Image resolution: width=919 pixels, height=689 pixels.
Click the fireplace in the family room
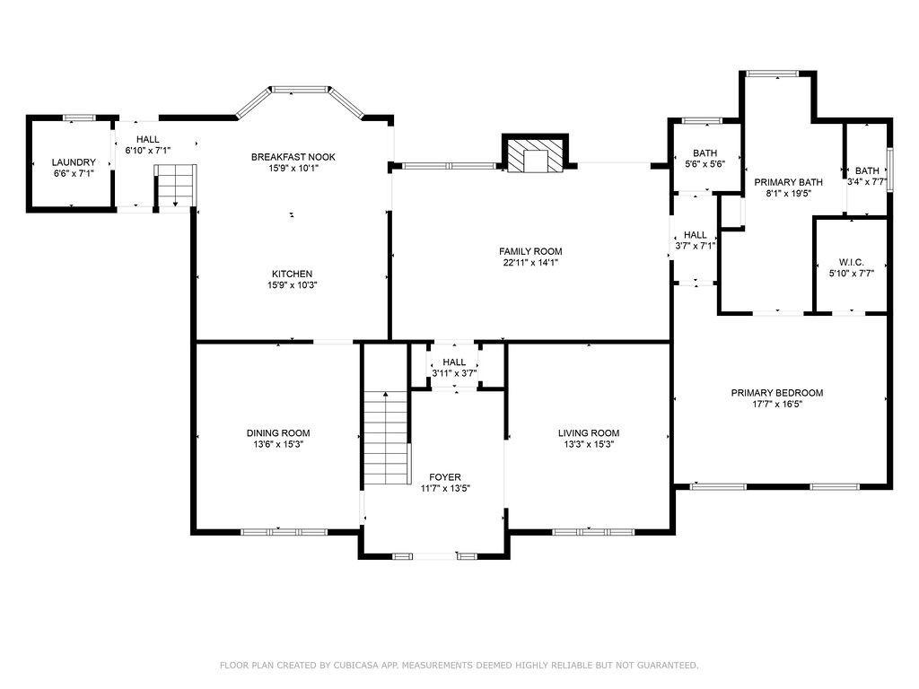[x=535, y=154]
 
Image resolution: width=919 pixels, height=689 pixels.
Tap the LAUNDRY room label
[x=74, y=162]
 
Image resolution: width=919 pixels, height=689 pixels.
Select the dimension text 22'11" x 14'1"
[x=530, y=263]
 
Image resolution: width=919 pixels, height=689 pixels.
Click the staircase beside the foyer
[x=386, y=438]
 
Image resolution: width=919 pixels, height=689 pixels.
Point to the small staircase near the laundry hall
[x=175, y=185]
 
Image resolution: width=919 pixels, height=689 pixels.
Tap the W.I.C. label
[x=851, y=263]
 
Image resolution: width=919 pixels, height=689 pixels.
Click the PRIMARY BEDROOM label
[x=776, y=393]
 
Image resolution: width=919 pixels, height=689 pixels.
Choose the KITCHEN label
[x=292, y=274]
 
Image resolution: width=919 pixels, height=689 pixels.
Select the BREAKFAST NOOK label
[x=293, y=157]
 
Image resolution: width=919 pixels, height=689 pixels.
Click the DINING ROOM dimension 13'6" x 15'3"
[x=278, y=444]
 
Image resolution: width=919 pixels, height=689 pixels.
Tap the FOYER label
[x=445, y=477]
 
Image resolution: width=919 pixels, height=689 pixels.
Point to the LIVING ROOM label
[x=589, y=433]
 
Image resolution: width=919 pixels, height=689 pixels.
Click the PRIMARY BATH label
[x=788, y=182]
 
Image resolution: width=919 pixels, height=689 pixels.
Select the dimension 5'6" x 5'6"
[x=705, y=164]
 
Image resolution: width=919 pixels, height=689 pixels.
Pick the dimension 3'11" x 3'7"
[x=454, y=373]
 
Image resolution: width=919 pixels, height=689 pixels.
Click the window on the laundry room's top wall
[x=79, y=118]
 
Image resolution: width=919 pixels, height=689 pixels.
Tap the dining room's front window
[x=284, y=532]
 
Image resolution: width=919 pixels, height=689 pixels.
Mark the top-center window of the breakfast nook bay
[x=300, y=90]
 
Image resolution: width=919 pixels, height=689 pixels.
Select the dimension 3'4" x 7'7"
[x=867, y=181]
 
